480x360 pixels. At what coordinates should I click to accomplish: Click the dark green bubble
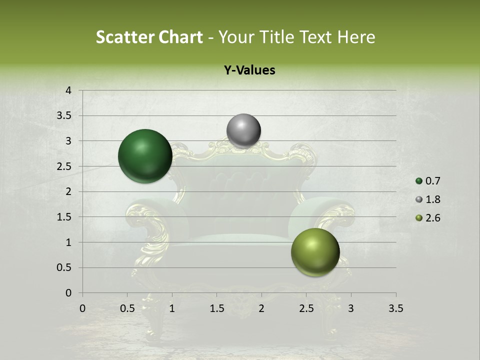coord(145,156)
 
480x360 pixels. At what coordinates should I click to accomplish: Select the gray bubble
coord(243,131)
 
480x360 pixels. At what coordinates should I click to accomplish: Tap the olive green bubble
coord(315,252)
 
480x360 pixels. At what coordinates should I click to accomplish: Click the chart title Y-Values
coord(249,70)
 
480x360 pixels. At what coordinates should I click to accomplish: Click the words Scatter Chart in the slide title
coord(149,37)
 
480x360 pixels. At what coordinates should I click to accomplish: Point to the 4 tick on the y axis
coord(68,90)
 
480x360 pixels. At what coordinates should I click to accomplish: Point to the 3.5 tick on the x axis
coord(395,308)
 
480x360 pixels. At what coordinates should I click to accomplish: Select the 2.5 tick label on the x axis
coord(306,308)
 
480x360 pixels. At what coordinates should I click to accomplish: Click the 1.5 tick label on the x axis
coord(216,308)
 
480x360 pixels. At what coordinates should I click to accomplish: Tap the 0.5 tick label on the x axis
coord(127,308)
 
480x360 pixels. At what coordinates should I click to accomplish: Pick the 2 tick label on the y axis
coord(68,191)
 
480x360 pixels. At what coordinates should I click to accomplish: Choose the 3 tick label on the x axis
coord(351,308)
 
